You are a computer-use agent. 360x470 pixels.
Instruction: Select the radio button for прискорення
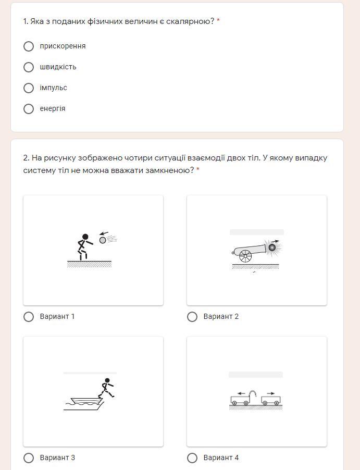(29, 46)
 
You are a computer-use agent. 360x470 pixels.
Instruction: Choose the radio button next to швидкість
(29, 67)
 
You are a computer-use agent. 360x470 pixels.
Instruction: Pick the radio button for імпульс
(29, 88)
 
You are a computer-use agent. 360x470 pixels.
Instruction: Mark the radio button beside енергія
(29, 109)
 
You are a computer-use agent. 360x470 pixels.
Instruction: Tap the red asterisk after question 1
(218, 21)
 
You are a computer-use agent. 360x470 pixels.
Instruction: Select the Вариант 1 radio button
(29, 316)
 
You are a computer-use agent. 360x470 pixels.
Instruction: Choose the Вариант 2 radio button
(192, 316)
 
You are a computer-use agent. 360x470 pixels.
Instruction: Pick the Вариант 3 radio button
(29, 457)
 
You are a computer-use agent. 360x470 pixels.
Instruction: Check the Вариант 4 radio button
(192, 457)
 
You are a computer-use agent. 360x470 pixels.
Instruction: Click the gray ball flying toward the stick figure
(103, 240)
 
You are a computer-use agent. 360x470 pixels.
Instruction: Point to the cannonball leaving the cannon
(272, 248)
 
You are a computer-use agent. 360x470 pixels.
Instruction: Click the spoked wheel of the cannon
(245, 256)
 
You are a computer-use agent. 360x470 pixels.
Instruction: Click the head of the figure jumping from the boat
(107, 380)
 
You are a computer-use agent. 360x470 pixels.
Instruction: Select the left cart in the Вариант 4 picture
(240, 400)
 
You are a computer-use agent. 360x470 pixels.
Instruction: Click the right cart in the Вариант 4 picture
(271, 401)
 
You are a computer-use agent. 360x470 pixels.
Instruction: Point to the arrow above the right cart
(271, 393)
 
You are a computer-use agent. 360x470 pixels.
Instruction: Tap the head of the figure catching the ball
(85, 237)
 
